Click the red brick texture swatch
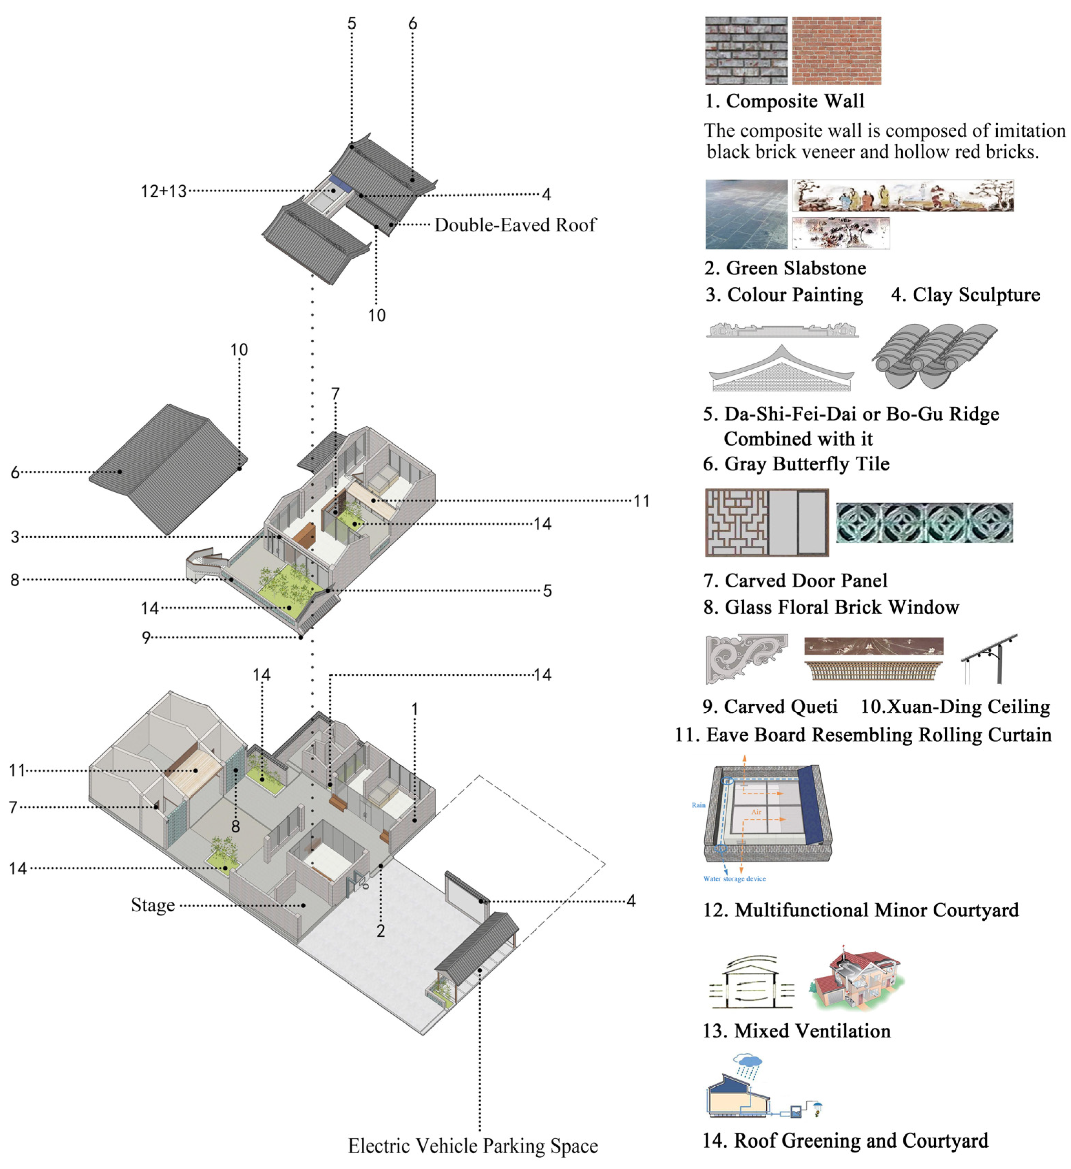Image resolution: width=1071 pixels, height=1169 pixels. coord(836,51)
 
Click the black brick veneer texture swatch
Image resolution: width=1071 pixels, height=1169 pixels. coord(746,51)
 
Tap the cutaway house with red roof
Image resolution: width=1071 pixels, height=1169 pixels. coord(857,981)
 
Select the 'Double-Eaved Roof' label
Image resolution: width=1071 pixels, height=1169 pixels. coord(515,225)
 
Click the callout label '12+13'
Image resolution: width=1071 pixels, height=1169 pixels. coord(164,192)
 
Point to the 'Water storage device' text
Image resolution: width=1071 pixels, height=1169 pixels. coord(734,879)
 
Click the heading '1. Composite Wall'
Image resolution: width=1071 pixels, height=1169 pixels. coord(784,101)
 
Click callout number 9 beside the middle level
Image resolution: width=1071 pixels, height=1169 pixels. coord(146,637)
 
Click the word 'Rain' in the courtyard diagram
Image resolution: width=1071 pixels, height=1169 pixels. coord(699,805)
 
